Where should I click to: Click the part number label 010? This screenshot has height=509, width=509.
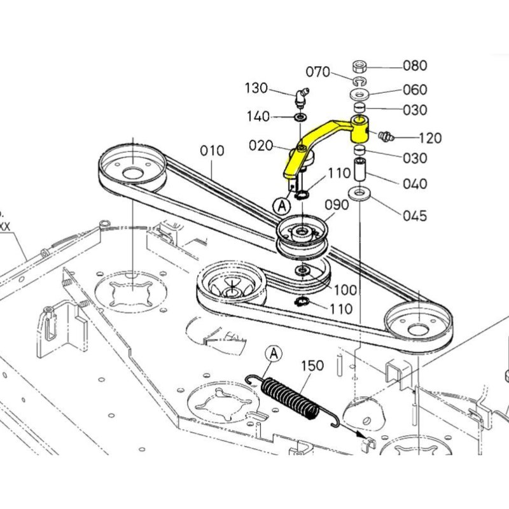[x=212, y=151]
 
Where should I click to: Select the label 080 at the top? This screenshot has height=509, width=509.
[x=415, y=66]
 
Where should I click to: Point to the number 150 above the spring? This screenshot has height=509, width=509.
[x=312, y=366]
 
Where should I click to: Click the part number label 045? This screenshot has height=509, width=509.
[x=415, y=216]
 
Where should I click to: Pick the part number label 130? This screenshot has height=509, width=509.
[x=257, y=88]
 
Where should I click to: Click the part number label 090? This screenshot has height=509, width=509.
[x=337, y=205]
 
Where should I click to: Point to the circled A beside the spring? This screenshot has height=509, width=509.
[x=274, y=352]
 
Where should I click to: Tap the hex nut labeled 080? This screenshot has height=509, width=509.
[x=359, y=66]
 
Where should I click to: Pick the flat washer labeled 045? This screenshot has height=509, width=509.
[x=360, y=192]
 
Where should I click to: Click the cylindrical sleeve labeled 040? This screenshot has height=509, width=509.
[x=360, y=170]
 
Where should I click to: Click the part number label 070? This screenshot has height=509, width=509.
[x=318, y=71]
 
